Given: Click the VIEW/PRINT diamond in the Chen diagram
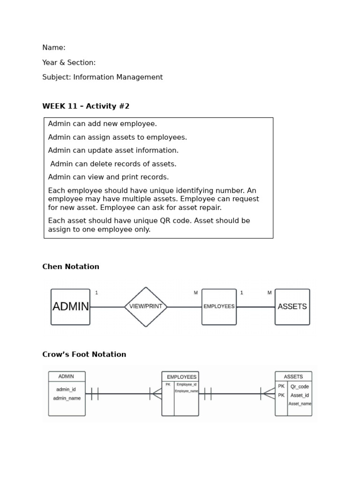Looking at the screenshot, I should point(146,307).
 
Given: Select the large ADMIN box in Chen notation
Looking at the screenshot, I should point(70,307).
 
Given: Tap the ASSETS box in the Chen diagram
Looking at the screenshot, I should point(292,307).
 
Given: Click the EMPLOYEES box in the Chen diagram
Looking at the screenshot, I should point(219,307).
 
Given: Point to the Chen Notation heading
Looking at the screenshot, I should point(71,267).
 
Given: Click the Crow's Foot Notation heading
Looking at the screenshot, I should point(84,354).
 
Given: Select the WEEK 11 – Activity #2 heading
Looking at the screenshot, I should point(86,106).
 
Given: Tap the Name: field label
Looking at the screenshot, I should point(54,48).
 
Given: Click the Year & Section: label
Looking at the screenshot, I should point(69,62).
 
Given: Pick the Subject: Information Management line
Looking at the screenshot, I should point(103,77).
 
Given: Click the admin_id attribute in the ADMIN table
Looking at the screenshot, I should point(66,389).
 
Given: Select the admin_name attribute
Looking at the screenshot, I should point(67,398).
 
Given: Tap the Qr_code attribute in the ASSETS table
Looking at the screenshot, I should point(300,387).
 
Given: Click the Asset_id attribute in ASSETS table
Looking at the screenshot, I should point(300,395).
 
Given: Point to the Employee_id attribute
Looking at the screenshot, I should point(187,384).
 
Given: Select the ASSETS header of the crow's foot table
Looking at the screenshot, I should point(293,376).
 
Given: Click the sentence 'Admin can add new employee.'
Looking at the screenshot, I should point(103,124).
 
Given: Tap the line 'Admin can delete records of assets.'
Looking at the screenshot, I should point(113,164).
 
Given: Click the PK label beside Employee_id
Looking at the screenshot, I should point(168,384).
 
